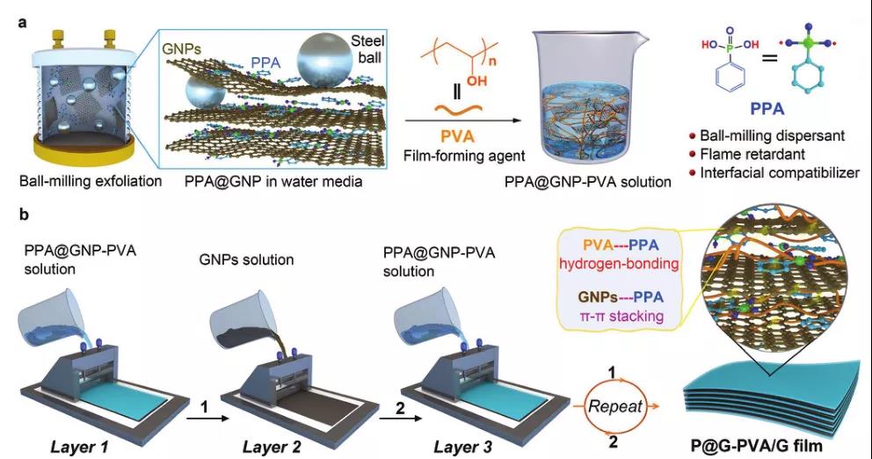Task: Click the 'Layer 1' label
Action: pos(80,447)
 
